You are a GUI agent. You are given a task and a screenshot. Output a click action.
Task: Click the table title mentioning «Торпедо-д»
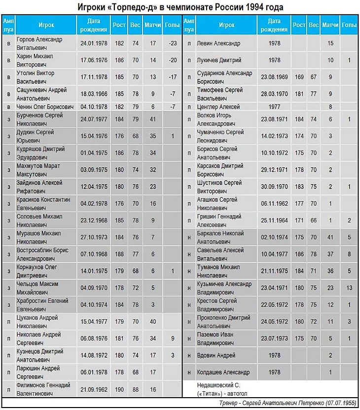click(180, 7)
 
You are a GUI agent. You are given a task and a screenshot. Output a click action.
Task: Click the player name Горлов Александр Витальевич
click(39, 43)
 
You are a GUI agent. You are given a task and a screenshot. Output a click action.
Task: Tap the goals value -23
click(173, 43)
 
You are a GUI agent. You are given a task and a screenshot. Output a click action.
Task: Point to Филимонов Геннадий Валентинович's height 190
click(119, 389)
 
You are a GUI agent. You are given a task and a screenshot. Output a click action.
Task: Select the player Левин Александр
click(218, 43)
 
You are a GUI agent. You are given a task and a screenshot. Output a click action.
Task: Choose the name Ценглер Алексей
click(218, 107)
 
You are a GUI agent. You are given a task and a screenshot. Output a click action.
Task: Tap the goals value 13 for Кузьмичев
click(349, 288)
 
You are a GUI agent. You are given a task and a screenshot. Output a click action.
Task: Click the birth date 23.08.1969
click(275, 76)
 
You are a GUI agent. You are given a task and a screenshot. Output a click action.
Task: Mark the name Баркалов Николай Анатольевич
click(220, 237)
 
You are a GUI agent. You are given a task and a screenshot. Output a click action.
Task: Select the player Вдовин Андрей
click(216, 355)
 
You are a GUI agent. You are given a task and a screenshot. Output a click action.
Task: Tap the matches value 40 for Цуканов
click(153, 321)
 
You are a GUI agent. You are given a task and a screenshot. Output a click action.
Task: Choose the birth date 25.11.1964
click(275, 221)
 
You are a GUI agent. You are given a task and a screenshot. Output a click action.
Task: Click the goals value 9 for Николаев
click(173, 338)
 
